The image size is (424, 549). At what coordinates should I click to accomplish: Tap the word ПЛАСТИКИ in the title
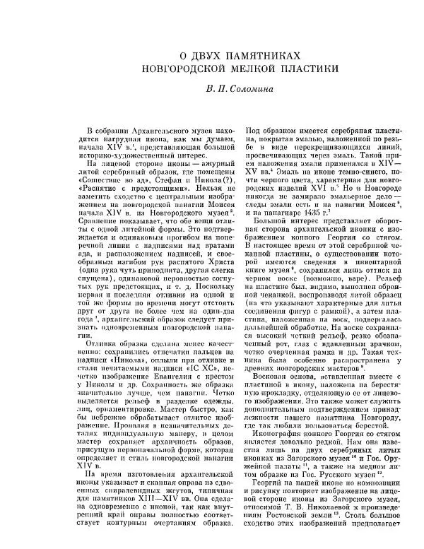click(x=307, y=69)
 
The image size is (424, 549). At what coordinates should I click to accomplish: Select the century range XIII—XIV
click(x=146, y=501)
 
